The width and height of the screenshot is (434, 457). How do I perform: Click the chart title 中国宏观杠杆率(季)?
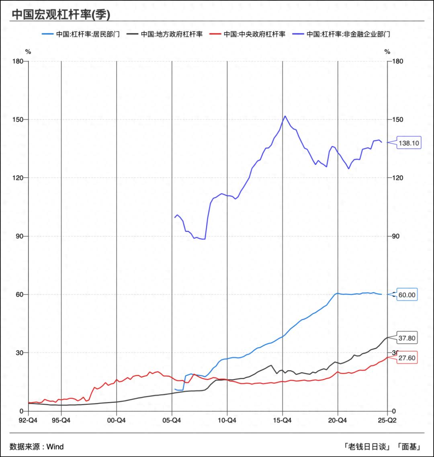coord(61,14)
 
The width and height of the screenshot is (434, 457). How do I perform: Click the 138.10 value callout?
coord(409,143)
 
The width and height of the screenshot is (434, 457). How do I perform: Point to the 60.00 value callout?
coord(407,295)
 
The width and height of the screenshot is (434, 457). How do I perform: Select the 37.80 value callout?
coord(407,338)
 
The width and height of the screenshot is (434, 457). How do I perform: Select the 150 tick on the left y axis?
coord(18,120)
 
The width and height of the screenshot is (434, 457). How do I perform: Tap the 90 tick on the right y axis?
coord(396,236)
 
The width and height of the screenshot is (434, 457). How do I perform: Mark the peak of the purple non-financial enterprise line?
coord(285,116)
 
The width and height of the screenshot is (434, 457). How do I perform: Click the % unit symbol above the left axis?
coord(28,51)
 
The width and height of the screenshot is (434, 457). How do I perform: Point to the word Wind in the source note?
coord(55,447)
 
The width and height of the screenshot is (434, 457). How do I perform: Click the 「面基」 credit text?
coord(409,447)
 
